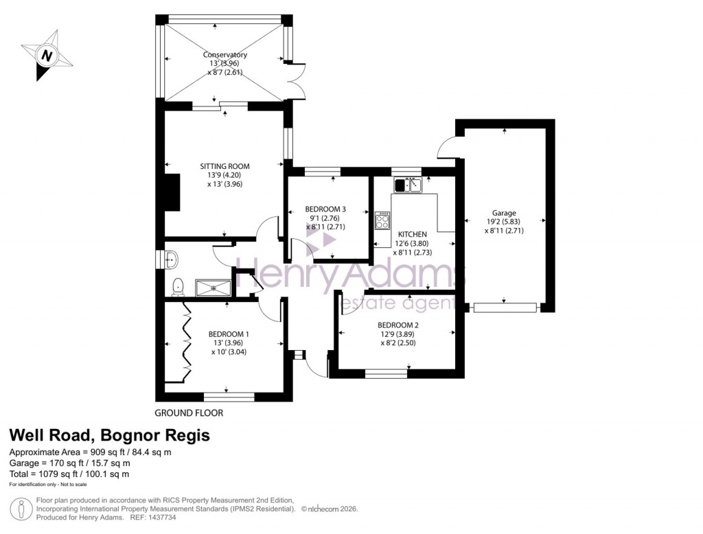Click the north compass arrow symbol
46,55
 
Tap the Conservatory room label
224,55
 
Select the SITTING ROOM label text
224,166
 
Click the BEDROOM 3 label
325,209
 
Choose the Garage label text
503,213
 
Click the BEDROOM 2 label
397,325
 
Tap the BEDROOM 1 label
229,334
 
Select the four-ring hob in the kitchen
382,221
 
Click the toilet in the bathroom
178,286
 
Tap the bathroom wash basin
172,259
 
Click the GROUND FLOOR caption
189,413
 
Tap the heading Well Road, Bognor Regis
109,435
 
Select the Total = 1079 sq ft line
69,474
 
